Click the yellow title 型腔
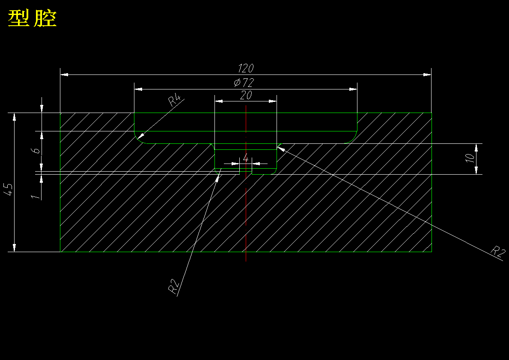click(33, 19)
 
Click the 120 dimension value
click(246, 68)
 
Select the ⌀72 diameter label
click(244, 83)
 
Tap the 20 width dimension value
click(246, 95)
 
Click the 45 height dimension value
click(8, 190)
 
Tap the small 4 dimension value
click(246, 158)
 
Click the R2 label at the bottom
click(173, 287)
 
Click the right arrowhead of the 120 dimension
click(427, 75)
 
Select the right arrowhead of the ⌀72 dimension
click(353, 89)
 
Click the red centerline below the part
click(246, 256)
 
